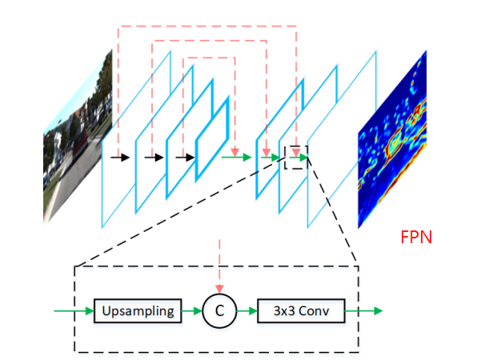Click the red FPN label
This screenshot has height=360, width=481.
point(416,238)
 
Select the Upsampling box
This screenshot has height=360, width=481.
point(135,310)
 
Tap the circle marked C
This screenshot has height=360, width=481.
point(218,310)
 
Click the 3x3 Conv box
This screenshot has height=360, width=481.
point(300,310)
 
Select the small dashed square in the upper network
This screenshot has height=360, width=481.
point(296,157)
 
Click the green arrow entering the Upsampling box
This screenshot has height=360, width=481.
point(73,310)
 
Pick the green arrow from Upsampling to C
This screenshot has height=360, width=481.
point(190,310)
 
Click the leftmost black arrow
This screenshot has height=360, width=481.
point(120,158)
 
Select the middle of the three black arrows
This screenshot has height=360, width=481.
point(154,158)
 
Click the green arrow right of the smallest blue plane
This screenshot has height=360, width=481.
point(236,158)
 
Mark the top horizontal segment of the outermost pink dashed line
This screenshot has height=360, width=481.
point(207,26)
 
